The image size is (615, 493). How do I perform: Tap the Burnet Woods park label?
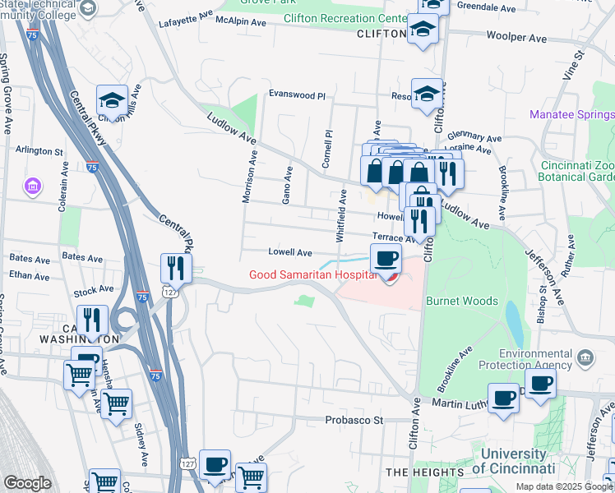pos(461,301)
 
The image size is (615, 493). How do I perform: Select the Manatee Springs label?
pos(571,114)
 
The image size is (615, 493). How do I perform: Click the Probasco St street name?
pos(354,420)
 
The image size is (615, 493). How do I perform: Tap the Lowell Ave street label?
pos(290,252)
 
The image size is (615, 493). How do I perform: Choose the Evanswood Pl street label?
pos(297,95)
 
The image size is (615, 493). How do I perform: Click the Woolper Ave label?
pos(516,37)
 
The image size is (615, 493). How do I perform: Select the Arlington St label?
pos(39,151)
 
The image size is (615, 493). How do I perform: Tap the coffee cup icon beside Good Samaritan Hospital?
pos(385,260)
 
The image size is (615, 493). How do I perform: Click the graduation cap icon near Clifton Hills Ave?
pos(112,100)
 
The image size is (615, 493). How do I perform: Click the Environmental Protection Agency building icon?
pos(585,357)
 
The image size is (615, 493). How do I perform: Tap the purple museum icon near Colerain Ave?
pos(32,187)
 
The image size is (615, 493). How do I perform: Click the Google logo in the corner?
pos(27,483)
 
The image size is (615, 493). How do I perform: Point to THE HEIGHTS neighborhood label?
pos(419,472)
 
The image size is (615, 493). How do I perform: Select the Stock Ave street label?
pos(93,290)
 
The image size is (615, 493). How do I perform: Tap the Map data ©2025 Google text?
pos(564,486)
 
